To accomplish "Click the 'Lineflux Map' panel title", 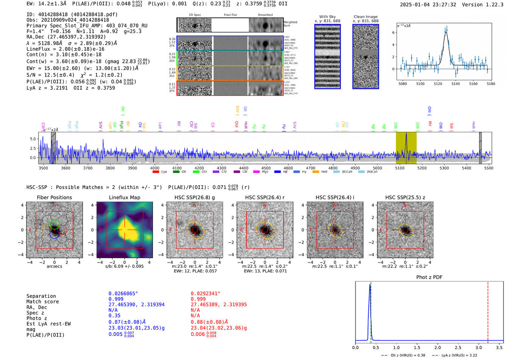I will tap(124, 197).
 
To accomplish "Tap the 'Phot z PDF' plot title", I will tap(429, 277).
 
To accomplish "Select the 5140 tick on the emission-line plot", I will tap(455, 84).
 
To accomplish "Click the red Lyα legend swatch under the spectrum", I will tap(156, 172).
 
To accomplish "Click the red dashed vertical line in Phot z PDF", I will tap(488, 311).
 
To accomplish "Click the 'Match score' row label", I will tap(42, 302).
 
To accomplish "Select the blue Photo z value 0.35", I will tap(114, 316).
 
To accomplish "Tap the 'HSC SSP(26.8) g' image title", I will tap(195, 197).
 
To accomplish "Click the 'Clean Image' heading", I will tap(365, 17).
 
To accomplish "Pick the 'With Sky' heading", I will tap(327, 17).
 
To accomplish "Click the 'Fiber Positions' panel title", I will tap(54, 197).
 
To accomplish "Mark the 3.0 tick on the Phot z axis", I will tap(479, 347).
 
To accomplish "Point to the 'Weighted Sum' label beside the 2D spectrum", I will tap(290, 24).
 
